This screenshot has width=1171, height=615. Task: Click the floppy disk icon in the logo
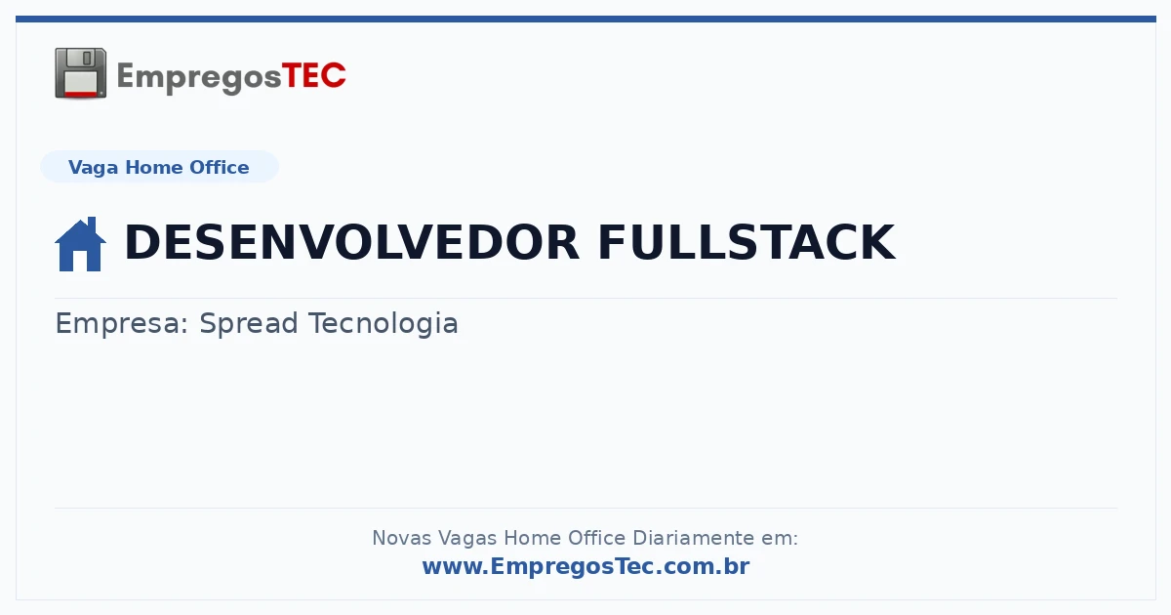[x=80, y=73]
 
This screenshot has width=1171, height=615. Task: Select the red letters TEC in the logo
[x=313, y=75]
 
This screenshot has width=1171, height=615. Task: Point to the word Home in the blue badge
[x=154, y=167]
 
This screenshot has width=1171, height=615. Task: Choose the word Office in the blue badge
[x=219, y=167]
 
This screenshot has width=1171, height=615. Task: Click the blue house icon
[x=80, y=244]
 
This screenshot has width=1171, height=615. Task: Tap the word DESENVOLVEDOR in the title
[x=351, y=242]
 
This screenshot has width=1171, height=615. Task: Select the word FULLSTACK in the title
[x=747, y=242]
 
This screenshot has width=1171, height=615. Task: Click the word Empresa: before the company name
[x=122, y=324]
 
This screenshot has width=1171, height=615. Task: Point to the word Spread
[x=248, y=324]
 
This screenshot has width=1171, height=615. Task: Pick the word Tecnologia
[x=384, y=324]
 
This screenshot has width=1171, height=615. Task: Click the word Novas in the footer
[x=401, y=538]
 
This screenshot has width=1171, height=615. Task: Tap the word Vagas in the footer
[x=467, y=539]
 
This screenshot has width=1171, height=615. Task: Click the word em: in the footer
[x=780, y=539]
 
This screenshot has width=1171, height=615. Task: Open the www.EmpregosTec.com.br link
[x=585, y=567]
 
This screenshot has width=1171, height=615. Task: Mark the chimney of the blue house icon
[x=93, y=224]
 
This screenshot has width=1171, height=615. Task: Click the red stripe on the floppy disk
[x=81, y=94]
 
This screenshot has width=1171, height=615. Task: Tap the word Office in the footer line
[x=596, y=538]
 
